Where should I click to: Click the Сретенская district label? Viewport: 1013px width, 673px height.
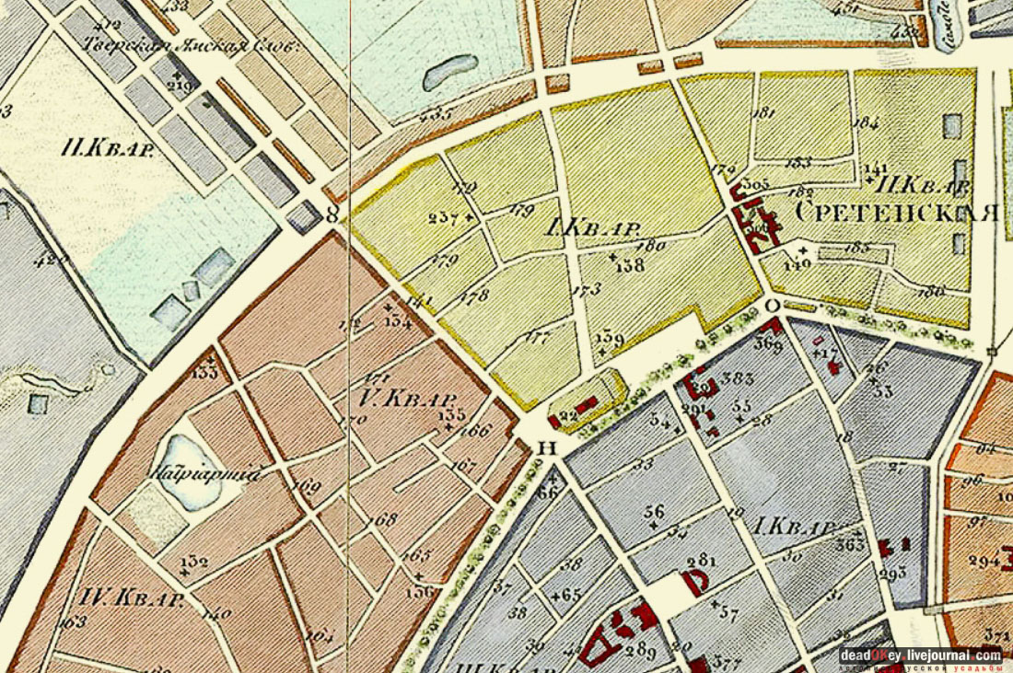[x=895, y=213]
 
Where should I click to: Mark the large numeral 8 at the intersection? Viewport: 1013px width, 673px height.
[x=332, y=214]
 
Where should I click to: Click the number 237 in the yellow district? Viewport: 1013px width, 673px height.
[x=445, y=217]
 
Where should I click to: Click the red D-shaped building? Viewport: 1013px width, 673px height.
[x=693, y=582]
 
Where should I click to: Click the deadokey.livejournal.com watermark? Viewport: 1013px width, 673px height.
[x=920, y=655]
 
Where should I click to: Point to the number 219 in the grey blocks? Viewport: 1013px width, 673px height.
[x=180, y=87]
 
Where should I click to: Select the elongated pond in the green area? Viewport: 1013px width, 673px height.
[x=450, y=72]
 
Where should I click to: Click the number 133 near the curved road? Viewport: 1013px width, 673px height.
[x=205, y=371]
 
